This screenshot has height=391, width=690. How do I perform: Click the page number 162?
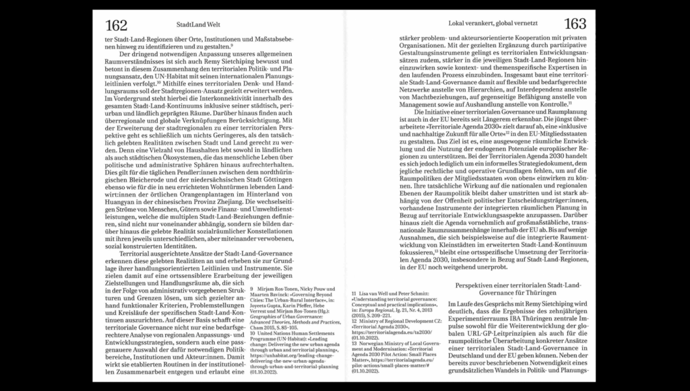(x=116, y=26)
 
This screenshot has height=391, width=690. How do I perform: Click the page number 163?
(x=575, y=24)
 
